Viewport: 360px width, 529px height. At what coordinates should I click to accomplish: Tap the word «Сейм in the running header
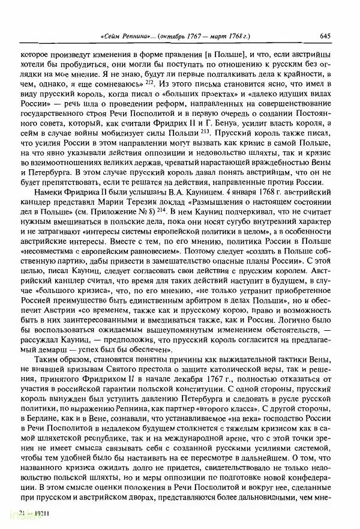click(x=114, y=35)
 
